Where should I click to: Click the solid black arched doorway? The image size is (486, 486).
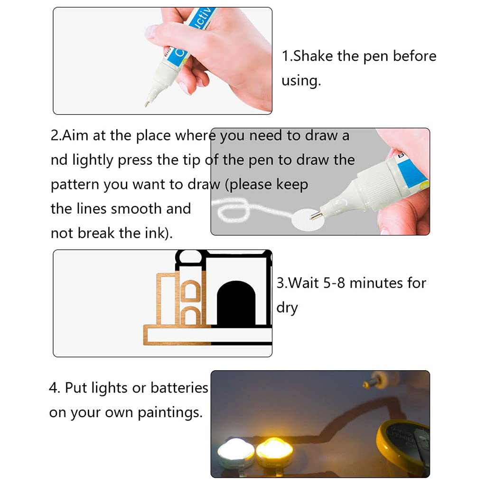236,304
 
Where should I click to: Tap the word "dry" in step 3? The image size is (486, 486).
287,308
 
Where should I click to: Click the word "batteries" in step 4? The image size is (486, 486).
179,388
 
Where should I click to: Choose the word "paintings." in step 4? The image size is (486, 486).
170,413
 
